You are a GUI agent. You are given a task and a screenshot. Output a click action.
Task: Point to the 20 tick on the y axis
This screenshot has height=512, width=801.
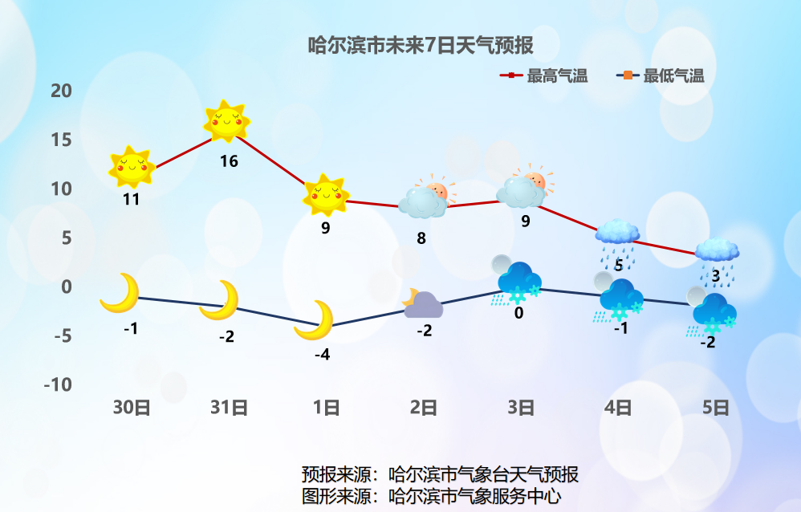pyautogui.click(x=61, y=91)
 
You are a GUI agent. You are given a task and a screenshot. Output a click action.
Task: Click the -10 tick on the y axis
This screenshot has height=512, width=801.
pyautogui.click(x=57, y=384)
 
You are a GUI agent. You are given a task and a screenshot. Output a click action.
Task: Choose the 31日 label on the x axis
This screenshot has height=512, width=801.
pyautogui.click(x=229, y=408)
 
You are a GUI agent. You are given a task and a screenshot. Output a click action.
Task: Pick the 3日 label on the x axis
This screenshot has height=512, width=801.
pyautogui.click(x=521, y=408)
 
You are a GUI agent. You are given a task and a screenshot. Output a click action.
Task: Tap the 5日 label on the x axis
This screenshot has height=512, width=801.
pyautogui.click(x=716, y=408)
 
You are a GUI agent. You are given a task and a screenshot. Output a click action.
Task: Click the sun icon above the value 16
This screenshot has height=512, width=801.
pyautogui.click(x=226, y=122)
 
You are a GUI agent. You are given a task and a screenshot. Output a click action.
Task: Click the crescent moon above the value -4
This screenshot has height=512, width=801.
pyautogui.click(x=315, y=319)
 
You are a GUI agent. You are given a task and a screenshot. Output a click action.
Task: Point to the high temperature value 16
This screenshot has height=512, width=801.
pyautogui.click(x=229, y=161)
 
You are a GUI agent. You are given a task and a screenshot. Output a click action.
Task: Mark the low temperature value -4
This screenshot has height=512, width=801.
pyautogui.click(x=322, y=355)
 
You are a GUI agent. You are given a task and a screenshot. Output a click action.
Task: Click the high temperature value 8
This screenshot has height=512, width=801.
pyautogui.click(x=421, y=238)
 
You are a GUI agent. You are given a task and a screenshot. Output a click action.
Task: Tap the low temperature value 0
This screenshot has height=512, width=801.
pyautogui.click(x=518, y=313)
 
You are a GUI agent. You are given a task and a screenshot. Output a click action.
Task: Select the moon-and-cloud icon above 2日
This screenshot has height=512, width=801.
pyautogui.click(x=422, y=303)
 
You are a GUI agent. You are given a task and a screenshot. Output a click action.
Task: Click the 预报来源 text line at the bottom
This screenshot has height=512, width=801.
pyautogui.click(x=440, y=474)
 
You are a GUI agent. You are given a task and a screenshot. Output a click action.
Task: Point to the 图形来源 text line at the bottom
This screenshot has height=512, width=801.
pyautogui.click(x=431, y=495)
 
